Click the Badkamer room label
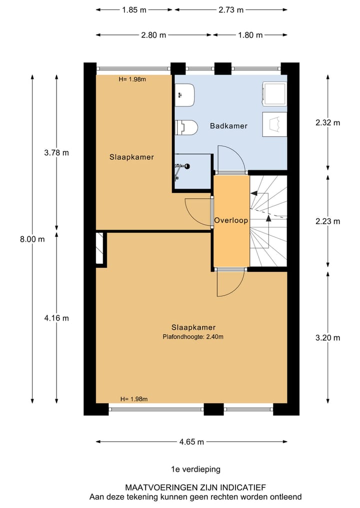pos(228,126)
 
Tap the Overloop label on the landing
pos(231,220)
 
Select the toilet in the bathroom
pos(184,128)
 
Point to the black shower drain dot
pos(189,166)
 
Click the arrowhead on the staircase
pos(268,217)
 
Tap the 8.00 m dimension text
pos(32,239)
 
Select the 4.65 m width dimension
pos(191,442)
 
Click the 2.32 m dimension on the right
pos(328,123)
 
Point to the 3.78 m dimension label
pos(56,152)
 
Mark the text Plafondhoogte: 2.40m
pos(193,337)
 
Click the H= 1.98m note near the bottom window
pos(133,399)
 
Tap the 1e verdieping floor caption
pos(195,469)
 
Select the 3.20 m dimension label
pos(328,338)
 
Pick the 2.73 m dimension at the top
pos(231,9)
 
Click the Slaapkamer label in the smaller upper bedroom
pos(131,157)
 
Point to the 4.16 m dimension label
pos(56,318)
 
